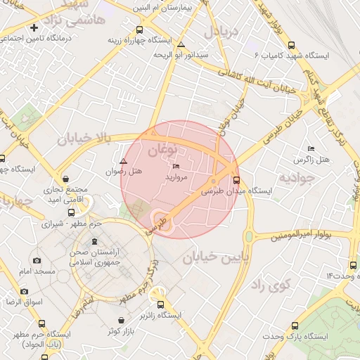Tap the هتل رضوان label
(x=124, y=171)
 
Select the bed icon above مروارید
(x=176, y=166)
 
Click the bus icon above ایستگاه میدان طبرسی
(x=235, y=179)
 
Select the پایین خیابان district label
(x=216, y=258)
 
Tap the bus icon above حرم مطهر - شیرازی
(x=71, y=212)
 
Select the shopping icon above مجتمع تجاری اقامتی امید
(x=66, y=179)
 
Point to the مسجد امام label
(x=32, y=271)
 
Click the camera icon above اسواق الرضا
(x=25, y=290)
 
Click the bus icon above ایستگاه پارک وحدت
(x=295, y=326)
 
